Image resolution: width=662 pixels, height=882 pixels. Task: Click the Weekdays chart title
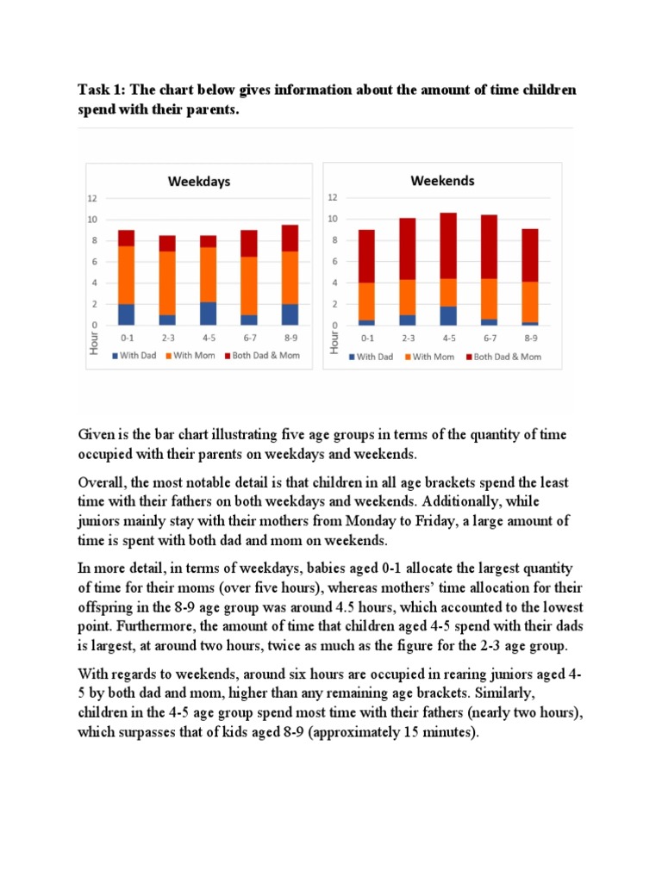(x=198, y=182)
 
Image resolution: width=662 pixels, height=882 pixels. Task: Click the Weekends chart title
(x=442, y=181)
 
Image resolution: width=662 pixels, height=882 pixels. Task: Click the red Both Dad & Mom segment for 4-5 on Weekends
(x=448, y=245)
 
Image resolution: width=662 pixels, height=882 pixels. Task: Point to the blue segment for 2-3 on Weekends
(x=407, y=320)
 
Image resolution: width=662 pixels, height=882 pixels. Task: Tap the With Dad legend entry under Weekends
(x=372, y=357)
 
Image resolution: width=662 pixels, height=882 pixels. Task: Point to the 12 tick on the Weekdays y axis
(x=100, y=198)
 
